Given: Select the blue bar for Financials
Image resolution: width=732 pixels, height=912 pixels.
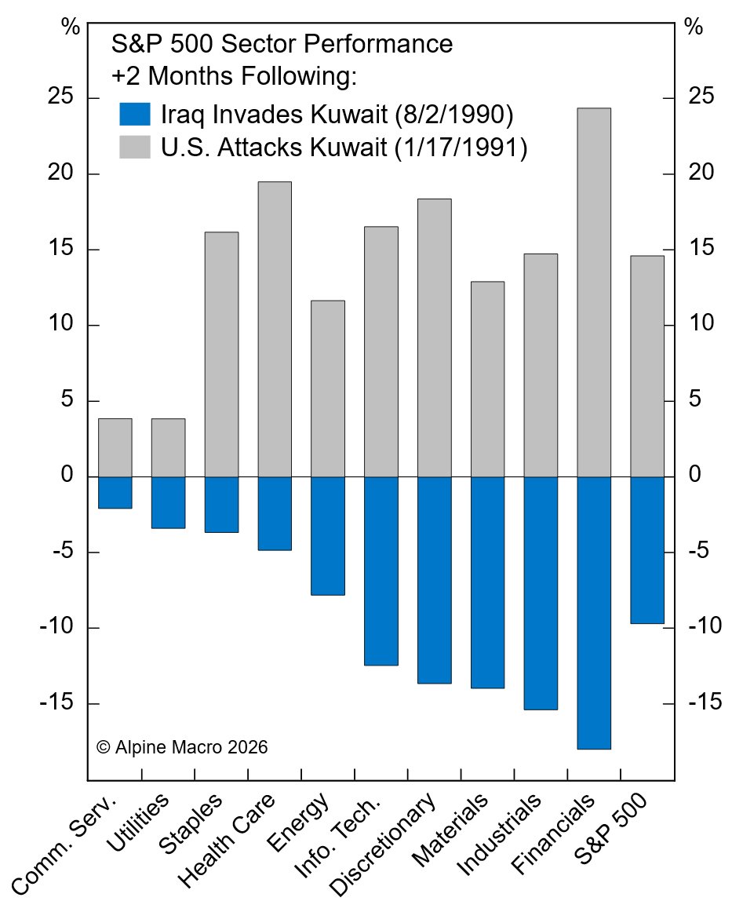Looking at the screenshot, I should coord(593,613).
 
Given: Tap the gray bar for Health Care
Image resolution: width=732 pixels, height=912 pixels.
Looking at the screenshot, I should coord(275,329).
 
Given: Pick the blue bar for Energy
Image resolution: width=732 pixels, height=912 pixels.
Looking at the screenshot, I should coord(327,536).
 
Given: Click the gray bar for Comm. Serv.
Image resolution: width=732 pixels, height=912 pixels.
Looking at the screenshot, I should coord(115,447).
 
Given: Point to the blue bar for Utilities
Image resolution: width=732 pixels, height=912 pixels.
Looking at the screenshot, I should coord(168,502).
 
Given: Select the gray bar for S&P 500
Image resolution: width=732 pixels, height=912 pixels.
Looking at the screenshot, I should coord(646,366).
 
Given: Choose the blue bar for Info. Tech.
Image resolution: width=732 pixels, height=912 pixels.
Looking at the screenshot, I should coord(381,571).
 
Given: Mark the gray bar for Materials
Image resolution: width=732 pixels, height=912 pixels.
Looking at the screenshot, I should coord(487,379).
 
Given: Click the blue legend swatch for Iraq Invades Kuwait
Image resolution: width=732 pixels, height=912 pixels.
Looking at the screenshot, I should coord(134,115).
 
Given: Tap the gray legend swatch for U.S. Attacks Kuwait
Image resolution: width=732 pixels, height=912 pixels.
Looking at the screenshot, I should coord(134,147).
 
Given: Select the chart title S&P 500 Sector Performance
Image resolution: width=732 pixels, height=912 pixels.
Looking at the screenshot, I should coord(281,44).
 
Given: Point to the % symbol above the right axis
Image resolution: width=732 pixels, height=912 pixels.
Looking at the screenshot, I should coord(693,27).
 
